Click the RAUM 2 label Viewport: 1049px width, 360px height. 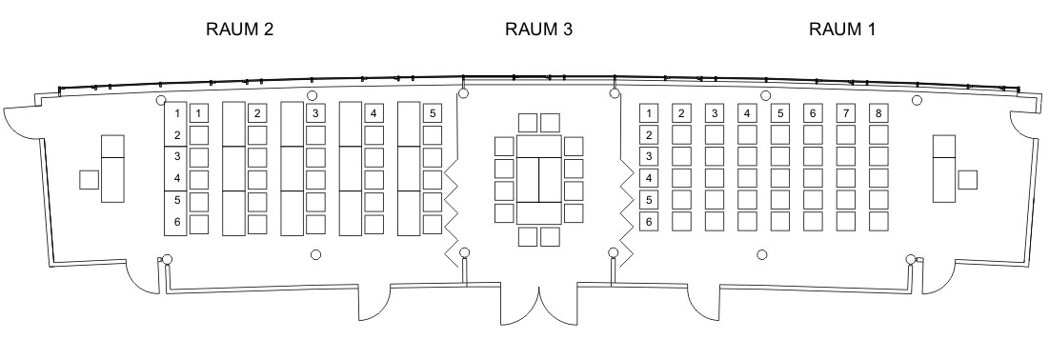pos(239,30)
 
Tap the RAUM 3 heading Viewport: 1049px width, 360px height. pos(538,30)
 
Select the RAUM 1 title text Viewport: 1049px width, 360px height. pos(842,30)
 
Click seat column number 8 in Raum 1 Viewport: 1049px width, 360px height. pos(878,113)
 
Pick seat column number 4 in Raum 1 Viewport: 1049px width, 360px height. pos(747,113)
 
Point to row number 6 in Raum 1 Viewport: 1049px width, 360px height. pos(649,221)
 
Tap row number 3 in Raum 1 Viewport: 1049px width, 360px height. pos(649,156)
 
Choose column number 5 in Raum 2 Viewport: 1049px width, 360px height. pos(433,113)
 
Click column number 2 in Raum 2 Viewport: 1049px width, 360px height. pos(257,113)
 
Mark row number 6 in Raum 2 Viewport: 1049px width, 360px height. pos(177,222)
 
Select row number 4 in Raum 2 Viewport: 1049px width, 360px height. pos(177,178)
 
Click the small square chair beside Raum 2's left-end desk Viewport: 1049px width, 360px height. pos(89,180)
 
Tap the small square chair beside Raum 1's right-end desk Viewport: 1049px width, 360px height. pos(967,180)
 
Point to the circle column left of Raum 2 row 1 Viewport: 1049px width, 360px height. pos(161,100)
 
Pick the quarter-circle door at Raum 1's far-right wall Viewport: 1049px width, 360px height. pos(1028,125)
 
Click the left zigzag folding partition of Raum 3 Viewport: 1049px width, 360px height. pos(451,208)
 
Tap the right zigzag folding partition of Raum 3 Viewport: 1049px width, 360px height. pos(627,210)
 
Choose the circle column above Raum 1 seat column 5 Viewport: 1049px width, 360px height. pos(765,95)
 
